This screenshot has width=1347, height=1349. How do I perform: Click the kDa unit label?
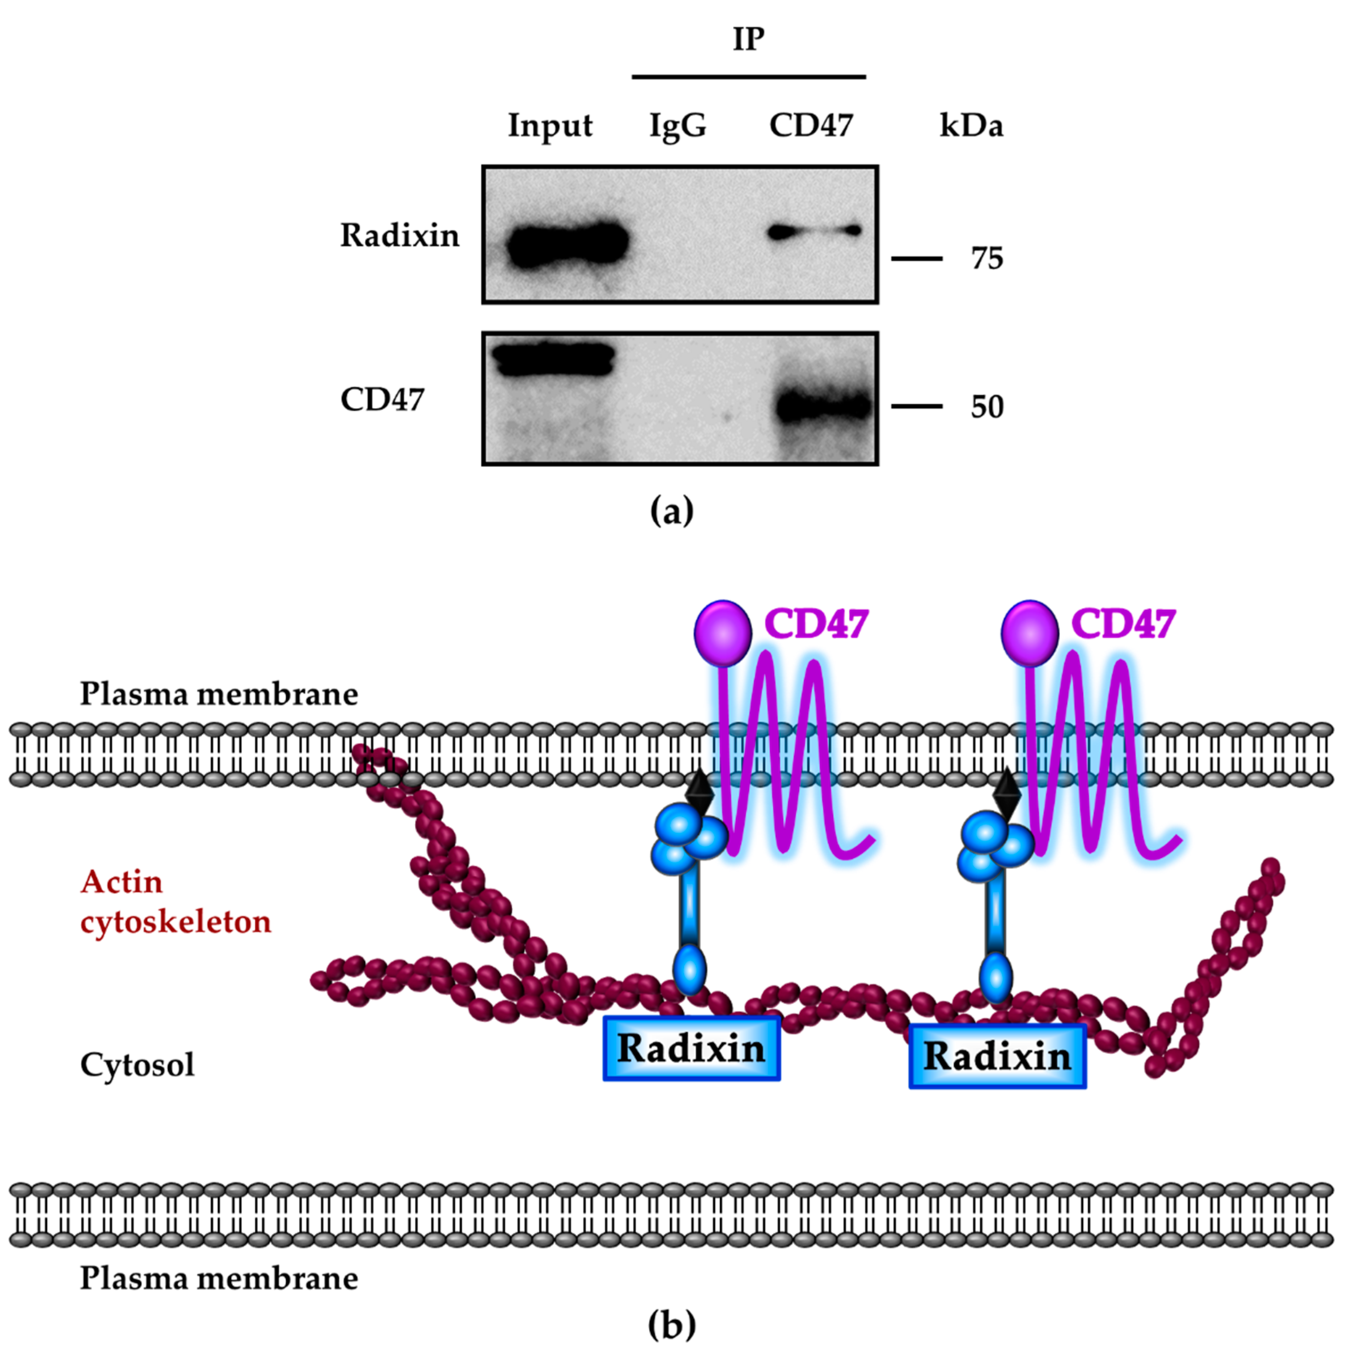[x=971, y=126]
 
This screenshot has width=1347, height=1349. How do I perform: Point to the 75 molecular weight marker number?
[x=986, y=259]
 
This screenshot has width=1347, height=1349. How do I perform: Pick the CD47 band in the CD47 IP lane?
[x=824, y=406]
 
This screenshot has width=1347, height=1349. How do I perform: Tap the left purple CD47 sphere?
[x=722, y=632]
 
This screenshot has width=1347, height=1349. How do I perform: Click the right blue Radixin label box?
[x=997, y=1056]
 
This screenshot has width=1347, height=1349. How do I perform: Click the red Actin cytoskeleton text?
[x=174, y=902]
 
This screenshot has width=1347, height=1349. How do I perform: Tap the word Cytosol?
[x=138, y=1064]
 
